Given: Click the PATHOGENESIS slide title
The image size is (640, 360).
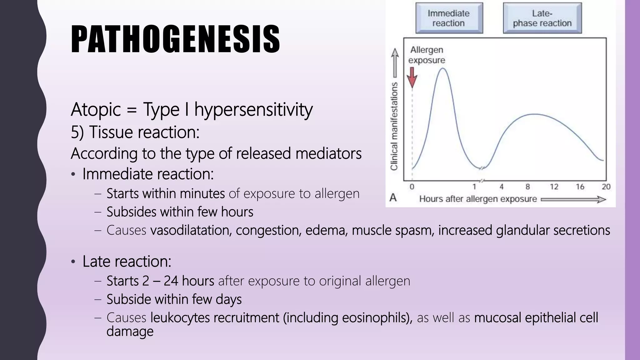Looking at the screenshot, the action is pyautogui.click(x=175, y=39).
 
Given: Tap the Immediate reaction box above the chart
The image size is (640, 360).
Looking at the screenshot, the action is pyautogui.click(x=449, y=18).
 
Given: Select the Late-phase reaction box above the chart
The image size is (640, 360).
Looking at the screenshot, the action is pyautogui.click(x=542, y=18).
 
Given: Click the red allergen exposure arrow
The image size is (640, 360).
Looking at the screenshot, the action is pyautogui.click(x=412, y=78).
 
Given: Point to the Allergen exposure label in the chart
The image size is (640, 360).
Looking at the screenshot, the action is pyautogui.click(x=427, y=55).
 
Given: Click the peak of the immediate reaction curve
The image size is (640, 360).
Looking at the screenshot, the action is pyautogui.click(x=442, y=68).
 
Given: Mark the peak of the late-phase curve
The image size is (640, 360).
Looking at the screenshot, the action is pyautogui.click(x=535, y=114).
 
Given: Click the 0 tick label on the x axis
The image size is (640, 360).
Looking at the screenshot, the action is pyautogui.click(x=412, y=187).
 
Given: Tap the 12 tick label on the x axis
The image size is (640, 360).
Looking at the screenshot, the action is pyautogui.click(x=554, y=187).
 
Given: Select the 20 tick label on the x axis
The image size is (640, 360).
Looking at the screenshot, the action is pyautogui.click(x=606, y=187).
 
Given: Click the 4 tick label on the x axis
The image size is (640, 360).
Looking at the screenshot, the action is pyautogui.click(x=501, y=187).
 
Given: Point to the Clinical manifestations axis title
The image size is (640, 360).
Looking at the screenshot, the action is pyautogui.click(x=394, y=126).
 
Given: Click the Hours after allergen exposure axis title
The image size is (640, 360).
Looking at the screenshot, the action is pyautogui.click(x=478, y=199).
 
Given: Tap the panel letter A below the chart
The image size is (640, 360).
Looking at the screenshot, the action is pyautogui.click(x=393, y=198).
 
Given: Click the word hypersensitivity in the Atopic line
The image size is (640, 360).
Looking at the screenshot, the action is pyautogui.click(x=253, y=110).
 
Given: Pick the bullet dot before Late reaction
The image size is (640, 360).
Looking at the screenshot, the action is pyautogui.click(x=73, y=262).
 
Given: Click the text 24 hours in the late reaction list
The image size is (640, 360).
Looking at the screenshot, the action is pyautogui.click(x=189, y=281).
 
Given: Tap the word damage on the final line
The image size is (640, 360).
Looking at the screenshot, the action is pyautogui.click(x=130, y=331).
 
